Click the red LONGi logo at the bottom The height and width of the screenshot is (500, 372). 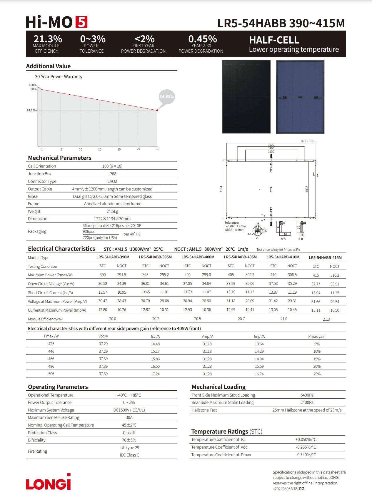point(49,482)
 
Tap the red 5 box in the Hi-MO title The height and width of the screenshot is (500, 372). point(81,22)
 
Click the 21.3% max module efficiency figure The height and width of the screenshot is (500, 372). point(48,39)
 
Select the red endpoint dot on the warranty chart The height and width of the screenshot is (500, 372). point(157,110)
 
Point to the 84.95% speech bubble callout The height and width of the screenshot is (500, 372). point(166,97)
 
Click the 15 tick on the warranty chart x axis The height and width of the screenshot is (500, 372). point(100,149)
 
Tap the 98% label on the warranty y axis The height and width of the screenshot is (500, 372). point(33,89)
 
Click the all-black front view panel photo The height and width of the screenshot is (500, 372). point(246,97)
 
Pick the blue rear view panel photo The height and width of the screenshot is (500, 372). point(300,97)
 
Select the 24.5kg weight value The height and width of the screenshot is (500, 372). point(112,211)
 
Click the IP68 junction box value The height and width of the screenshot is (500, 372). point(112,174)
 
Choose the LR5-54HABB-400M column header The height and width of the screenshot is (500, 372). point(198,257)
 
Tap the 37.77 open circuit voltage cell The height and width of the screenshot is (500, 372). point(316,284)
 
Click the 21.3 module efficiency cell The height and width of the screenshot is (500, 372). point(326,319)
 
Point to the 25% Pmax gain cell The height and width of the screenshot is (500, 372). point(317,374)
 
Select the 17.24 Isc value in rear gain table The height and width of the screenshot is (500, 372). point(155,374)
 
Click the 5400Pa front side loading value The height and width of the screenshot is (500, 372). point(307,395)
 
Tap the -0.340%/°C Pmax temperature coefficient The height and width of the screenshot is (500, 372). point(306,455)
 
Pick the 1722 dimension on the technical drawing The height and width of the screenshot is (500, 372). point(271,145)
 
